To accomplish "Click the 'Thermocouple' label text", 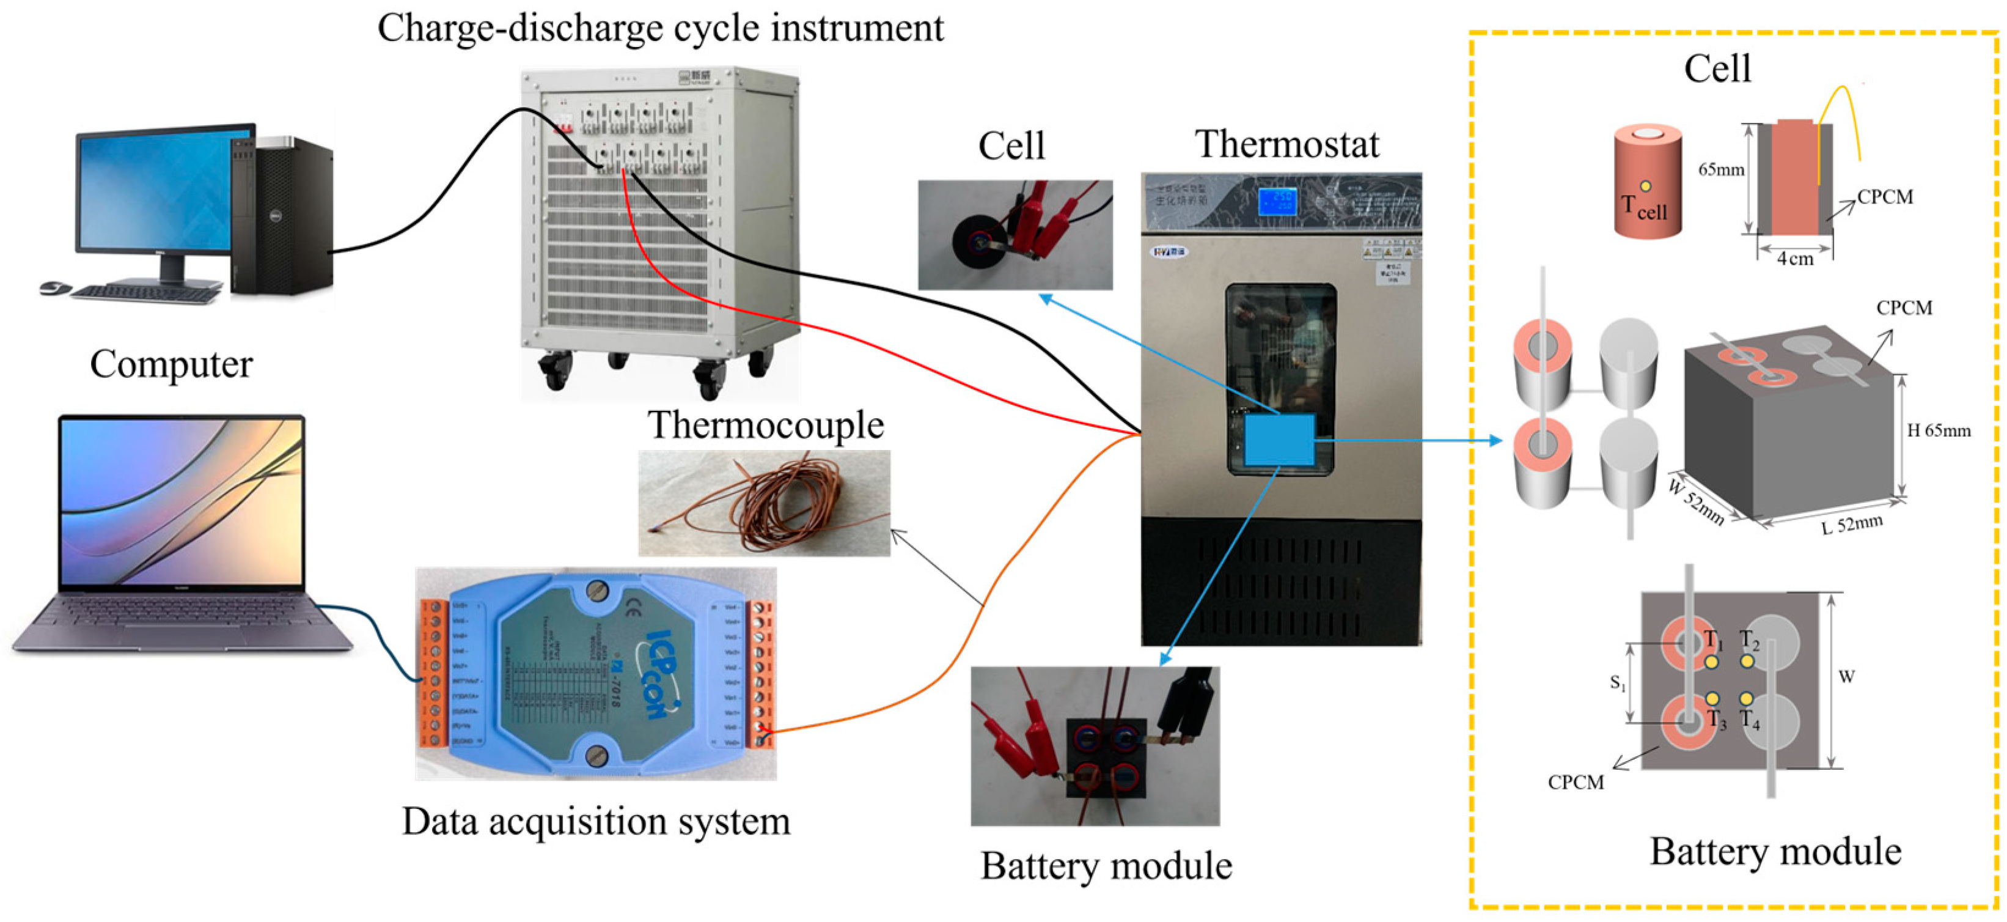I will pos(765,426).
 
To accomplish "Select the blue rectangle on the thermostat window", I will pos(1279,440).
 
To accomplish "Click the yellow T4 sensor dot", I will pos(1746,698).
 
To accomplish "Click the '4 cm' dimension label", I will pos(1794,259).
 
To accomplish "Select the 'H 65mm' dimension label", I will pos(1939,430).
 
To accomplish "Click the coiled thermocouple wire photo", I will pos(763,503).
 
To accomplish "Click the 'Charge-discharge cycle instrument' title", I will pos(660,28).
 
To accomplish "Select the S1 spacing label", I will pos(1618,683).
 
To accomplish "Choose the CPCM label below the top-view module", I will pos(1576,783).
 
